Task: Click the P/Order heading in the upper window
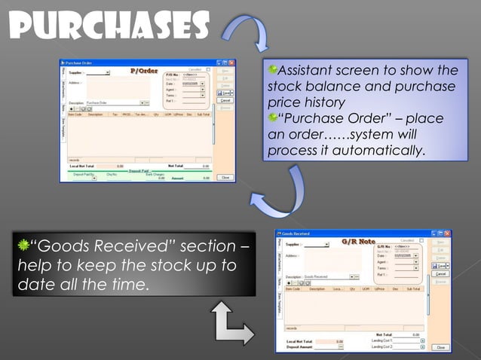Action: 144,71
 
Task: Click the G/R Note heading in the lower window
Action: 357,243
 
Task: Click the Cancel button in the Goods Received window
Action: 441,273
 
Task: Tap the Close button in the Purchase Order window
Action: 225,177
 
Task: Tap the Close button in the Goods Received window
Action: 441,347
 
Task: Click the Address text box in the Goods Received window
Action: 324,261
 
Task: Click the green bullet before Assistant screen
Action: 274,70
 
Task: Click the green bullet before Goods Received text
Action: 23,246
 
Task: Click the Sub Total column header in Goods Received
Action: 413,288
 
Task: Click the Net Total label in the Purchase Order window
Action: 175,166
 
